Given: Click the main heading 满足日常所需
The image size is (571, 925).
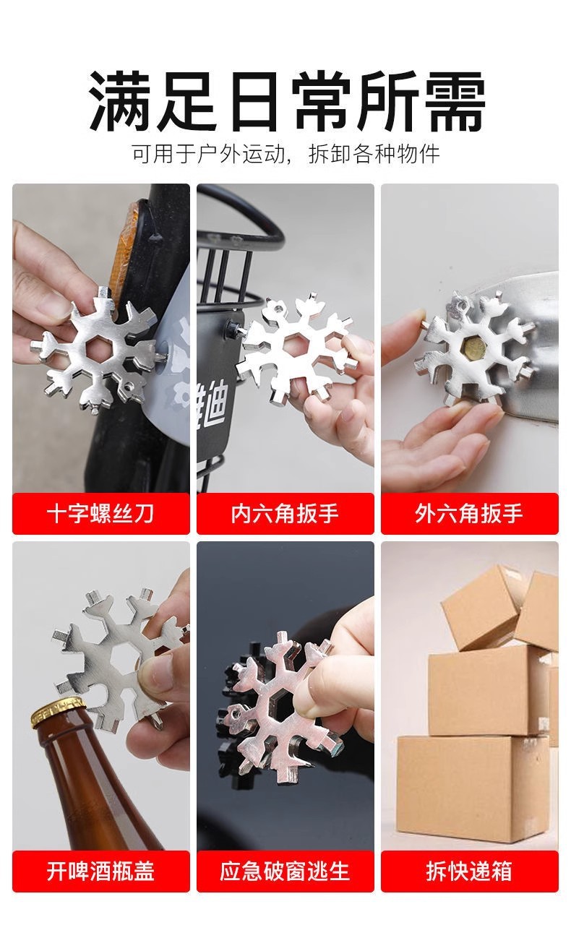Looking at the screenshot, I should click(x=285, y=101).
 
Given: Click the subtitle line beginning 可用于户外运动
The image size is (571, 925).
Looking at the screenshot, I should click(x=285, y=154).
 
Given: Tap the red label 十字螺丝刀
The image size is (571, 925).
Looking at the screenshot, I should click(x=100, y=514).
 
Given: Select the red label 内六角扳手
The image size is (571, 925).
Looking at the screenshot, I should click(x=285, y=514).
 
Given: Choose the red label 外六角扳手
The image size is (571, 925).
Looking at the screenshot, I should click(x=469, y=514).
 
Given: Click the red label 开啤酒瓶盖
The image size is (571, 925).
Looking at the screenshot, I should click(x=100, y=871).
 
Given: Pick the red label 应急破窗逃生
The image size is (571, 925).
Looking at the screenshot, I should click(x=285, y=871).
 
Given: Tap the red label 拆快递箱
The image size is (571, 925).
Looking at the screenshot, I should click(x=469, y=871).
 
